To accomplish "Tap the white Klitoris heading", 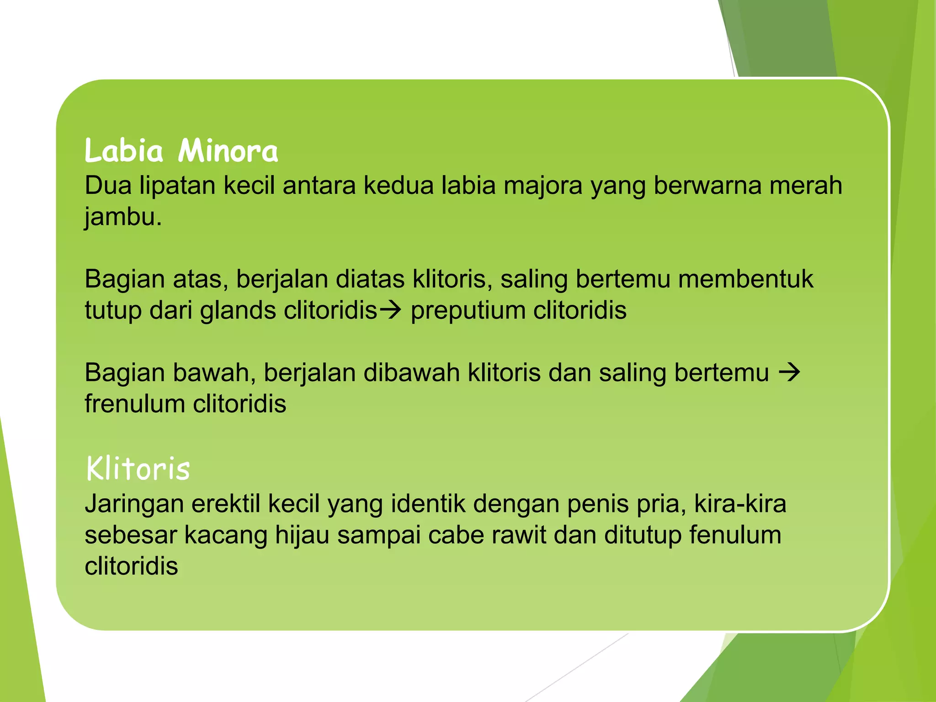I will click(x=138, y=468).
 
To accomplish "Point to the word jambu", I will click(x=122, y=217).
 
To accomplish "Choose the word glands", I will click(x=238, y=311).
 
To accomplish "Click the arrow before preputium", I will click(x=390, y=310).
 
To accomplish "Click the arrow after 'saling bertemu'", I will click(x=789, y=372).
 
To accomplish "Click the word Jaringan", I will click(x=134, y=505).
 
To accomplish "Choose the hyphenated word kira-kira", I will click(x=740, y=504).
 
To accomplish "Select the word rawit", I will click(x=519, y=535).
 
